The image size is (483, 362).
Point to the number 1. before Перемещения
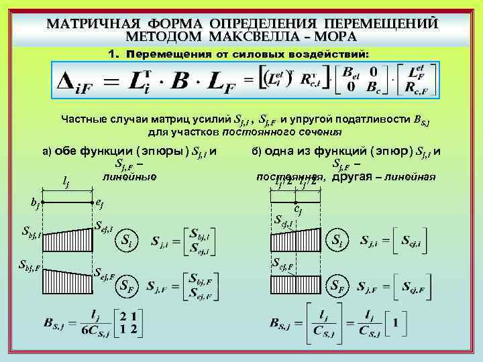point(113,52)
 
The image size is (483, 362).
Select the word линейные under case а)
point(129,177)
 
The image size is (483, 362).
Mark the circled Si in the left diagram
point(127,240)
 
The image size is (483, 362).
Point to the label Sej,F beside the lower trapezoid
point(103,273)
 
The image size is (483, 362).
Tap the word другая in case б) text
point(351,177)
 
